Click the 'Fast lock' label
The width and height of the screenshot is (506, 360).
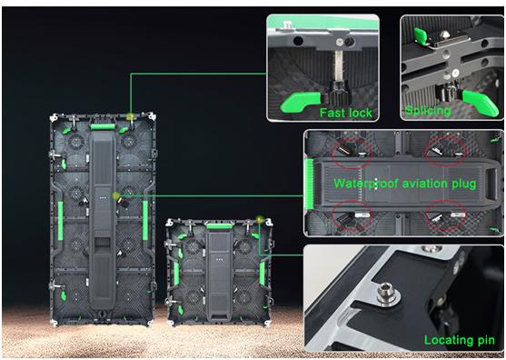pos(346,113)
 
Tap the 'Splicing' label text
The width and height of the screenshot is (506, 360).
pos(428,110)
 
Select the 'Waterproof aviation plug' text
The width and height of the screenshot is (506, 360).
pos(405,184)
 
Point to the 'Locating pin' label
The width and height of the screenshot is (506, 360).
pos(459,340)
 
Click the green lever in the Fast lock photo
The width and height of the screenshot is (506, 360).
pos(300,102)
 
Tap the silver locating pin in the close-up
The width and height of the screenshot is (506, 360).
pos(389,293)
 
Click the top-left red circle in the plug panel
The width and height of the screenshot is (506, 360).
pos(352,154)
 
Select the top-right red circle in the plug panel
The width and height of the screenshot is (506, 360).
pos(446,152)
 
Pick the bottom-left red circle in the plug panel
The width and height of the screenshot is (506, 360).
pos(352,215)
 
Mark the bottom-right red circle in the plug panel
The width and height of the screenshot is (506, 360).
pos(446,215)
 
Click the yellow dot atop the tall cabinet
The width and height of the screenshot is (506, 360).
pos(130,116)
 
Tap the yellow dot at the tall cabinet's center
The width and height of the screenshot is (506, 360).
pos(116,195)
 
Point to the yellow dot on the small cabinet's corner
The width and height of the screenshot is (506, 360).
pos(259,220)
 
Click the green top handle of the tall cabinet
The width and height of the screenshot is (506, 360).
pos(104,126)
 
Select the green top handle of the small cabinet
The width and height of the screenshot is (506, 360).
pos(220,225)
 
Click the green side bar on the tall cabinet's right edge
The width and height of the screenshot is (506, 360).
pos(145,221)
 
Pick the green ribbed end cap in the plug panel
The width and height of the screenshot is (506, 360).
pos(309,184)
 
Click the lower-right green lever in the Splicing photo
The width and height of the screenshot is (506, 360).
pos(481,102)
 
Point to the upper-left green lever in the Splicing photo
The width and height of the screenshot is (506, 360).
pos(421,36)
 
